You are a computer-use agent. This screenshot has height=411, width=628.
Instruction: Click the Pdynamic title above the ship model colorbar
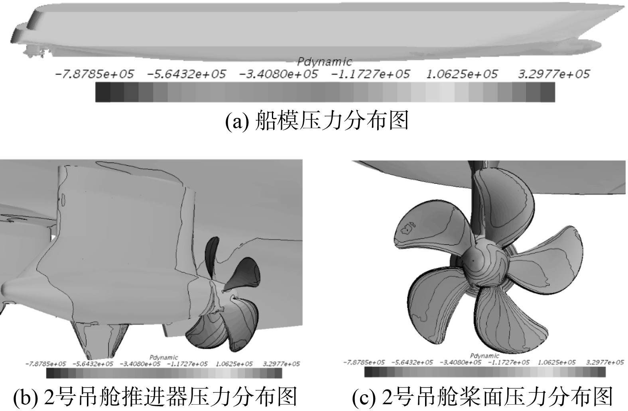pos(325,62)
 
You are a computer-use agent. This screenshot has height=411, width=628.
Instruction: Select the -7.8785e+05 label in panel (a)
pos(94,74)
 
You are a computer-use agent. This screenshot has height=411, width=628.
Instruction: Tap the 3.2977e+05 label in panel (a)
pos(554,74)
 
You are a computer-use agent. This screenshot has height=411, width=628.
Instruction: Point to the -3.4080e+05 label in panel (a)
pos(278,74)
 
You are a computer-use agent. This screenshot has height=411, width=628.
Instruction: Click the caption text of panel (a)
pos(317,120)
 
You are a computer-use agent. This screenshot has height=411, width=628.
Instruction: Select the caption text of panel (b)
pos(155,397)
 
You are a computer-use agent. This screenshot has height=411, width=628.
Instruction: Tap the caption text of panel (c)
pos(482,397)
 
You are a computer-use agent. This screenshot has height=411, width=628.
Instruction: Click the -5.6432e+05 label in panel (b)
pos(93,364)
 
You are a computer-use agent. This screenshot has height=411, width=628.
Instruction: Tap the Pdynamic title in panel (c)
pos(484,356)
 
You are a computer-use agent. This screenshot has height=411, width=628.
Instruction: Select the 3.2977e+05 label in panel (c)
pos(605,362)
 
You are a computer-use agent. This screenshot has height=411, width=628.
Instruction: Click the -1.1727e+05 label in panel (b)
pos(187,364)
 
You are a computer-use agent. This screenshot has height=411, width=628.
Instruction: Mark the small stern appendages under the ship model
pos(35,52)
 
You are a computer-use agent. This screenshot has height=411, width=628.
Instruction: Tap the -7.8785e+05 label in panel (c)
pos(364,362)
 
